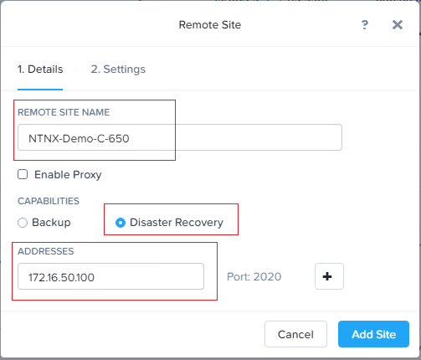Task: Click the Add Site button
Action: (x=373, y=334)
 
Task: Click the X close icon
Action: (x=398, y=25)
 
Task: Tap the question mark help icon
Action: (x=365, y=25)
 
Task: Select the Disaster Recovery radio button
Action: (x=121, y=223)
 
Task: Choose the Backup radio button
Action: (x=23, y=223)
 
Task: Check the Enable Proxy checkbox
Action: (x=23, y=174)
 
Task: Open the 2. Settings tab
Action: (x=118, y=69)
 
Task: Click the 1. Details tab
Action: (x=40, y=69)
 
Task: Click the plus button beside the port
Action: (x=329, y=276)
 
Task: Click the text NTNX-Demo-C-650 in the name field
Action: (x=79, y=138)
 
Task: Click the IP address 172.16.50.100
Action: (x=61, y=277)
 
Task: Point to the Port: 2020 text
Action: (x=254, y=276)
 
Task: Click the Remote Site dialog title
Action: (x=210, y=25)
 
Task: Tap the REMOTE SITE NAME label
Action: (x=64, y=112)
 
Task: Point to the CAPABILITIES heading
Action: (x=49, y=201)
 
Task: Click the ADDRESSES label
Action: (x=46, y=251)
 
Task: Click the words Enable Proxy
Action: (x=68, y=175)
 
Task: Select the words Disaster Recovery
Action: (x=177, y=223)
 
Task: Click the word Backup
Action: (x=51, y=223)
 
